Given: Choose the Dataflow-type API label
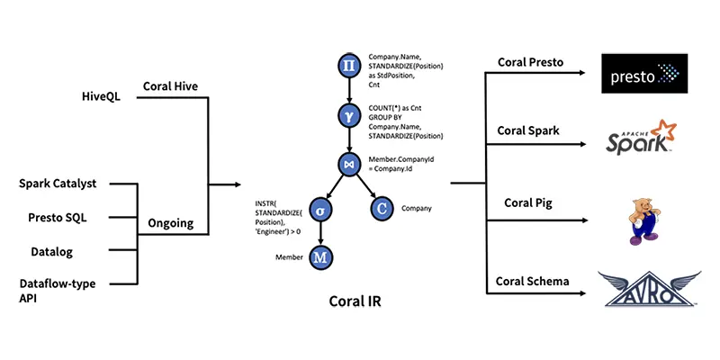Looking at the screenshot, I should tap(58, 291).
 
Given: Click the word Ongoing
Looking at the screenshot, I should tap(170, 223).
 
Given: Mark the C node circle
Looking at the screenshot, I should tap(382, 209).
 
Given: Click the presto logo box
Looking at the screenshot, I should tap(645, 73).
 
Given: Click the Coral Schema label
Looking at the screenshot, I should tap(533, 282).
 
